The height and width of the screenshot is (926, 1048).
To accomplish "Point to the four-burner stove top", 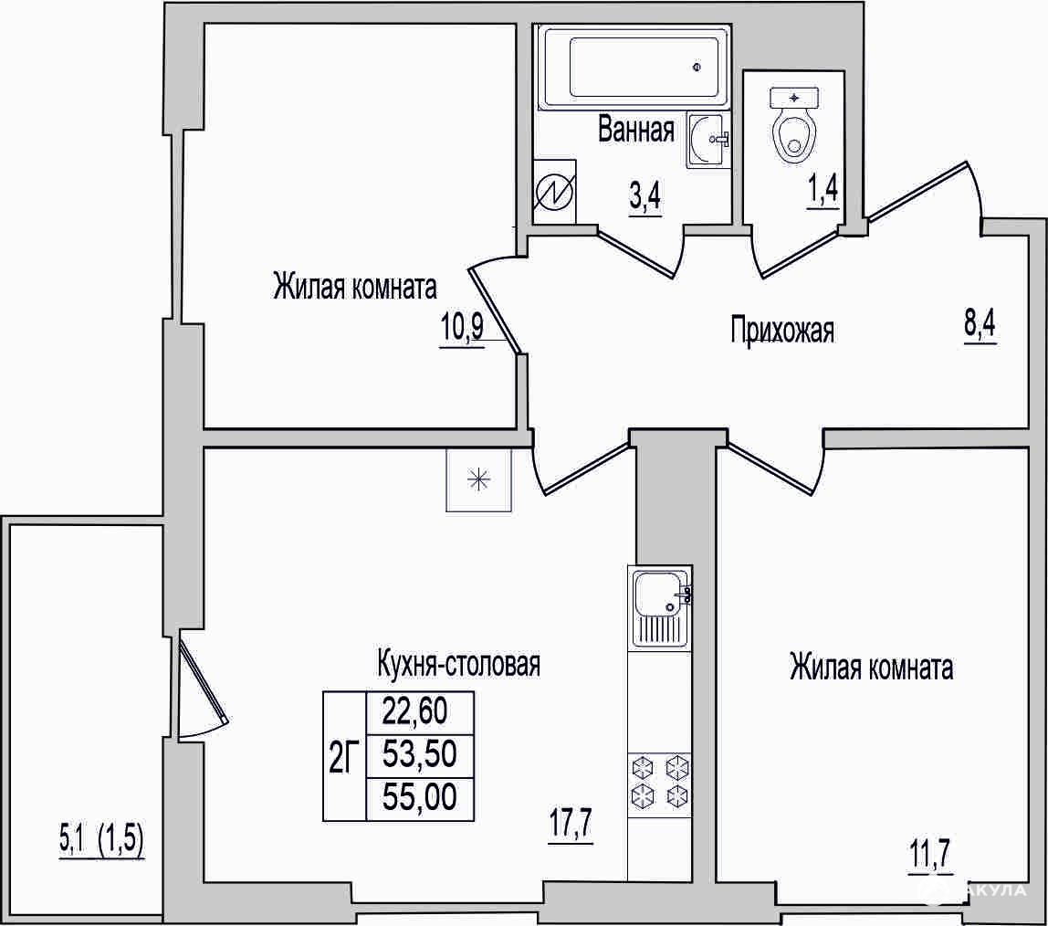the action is point(660,780).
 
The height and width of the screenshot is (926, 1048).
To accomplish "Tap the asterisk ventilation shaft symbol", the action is point(478,480).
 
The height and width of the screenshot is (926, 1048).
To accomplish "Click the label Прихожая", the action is point(782,331).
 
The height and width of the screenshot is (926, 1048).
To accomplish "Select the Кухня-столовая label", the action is point(459,664).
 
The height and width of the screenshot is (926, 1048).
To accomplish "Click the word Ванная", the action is point(636,129).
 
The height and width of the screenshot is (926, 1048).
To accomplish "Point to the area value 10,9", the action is point(462,328).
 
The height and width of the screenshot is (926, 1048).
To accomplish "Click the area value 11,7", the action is point(929,855).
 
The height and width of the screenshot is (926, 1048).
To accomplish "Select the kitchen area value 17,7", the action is point(571,824).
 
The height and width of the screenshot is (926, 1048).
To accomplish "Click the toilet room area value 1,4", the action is point(823,192).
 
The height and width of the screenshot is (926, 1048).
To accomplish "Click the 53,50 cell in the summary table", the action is point(420,755).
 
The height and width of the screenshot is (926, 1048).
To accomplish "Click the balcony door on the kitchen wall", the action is point(201,688).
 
